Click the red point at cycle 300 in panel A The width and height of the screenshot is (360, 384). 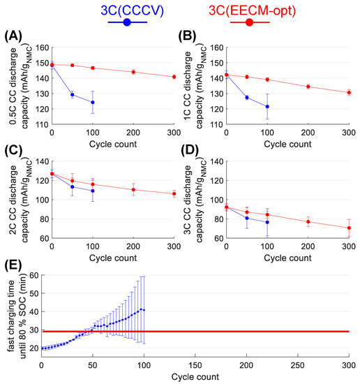[174, 77]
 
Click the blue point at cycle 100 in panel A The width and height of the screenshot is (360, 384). [92, 102]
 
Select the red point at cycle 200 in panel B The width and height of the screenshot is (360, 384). [308, 87]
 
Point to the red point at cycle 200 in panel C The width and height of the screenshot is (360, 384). [133, 189]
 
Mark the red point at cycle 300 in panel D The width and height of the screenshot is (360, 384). [348, 228]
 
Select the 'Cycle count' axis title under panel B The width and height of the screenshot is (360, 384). [287, 143]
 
